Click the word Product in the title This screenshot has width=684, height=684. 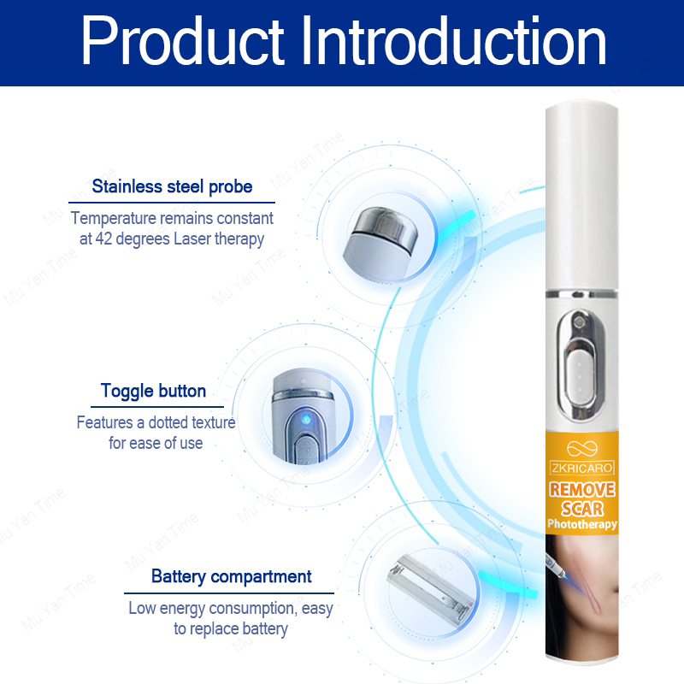tap(183, 41)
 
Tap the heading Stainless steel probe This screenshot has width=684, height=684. tap(172, 186)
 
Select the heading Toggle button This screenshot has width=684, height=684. tap(153, 391)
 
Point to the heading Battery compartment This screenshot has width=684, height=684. tap(231, 576)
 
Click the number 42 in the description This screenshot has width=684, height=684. tap(103, 239)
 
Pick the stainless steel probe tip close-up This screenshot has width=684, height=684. tap(380, 243)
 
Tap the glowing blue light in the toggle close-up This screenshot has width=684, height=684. tap(306, 419)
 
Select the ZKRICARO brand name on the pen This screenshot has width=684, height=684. tap(582, 468)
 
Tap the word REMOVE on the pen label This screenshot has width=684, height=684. tap(582, 489)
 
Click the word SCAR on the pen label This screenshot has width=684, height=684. tap(582, 509)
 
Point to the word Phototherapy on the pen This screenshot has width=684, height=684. tap(582, 524)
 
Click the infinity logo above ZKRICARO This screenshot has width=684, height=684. tap(582, 448)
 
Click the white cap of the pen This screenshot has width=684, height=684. tap(581, 196)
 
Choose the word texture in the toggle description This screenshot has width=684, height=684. tap(213, 422)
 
